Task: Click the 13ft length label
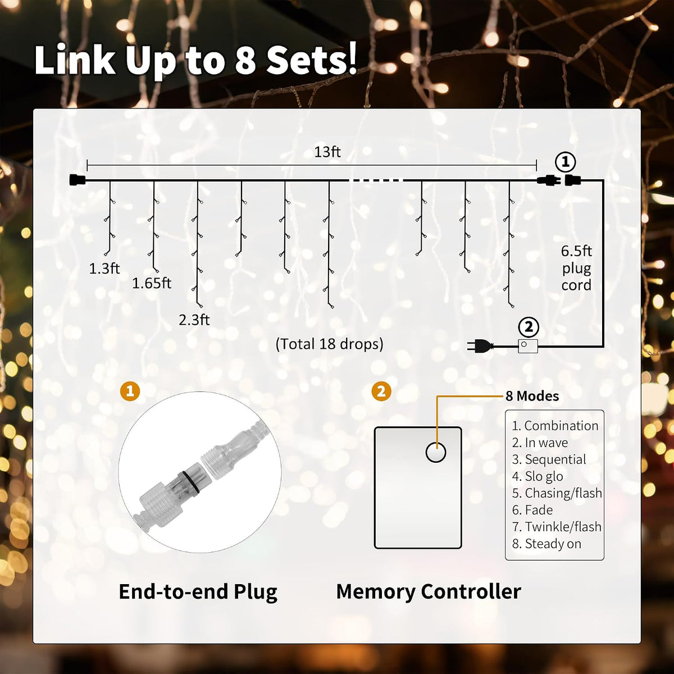327,152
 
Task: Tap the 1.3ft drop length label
104,268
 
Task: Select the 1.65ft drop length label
152,283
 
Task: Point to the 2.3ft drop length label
194,320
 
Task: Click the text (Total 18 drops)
329,344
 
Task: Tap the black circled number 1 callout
565,162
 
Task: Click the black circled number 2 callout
529,327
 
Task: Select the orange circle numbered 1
130,391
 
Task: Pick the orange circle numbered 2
381,391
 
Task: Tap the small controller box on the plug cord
528,346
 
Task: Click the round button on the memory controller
436,452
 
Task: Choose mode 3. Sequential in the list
549,459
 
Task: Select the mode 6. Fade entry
532,510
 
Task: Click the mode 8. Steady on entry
547,544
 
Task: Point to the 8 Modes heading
532,396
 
